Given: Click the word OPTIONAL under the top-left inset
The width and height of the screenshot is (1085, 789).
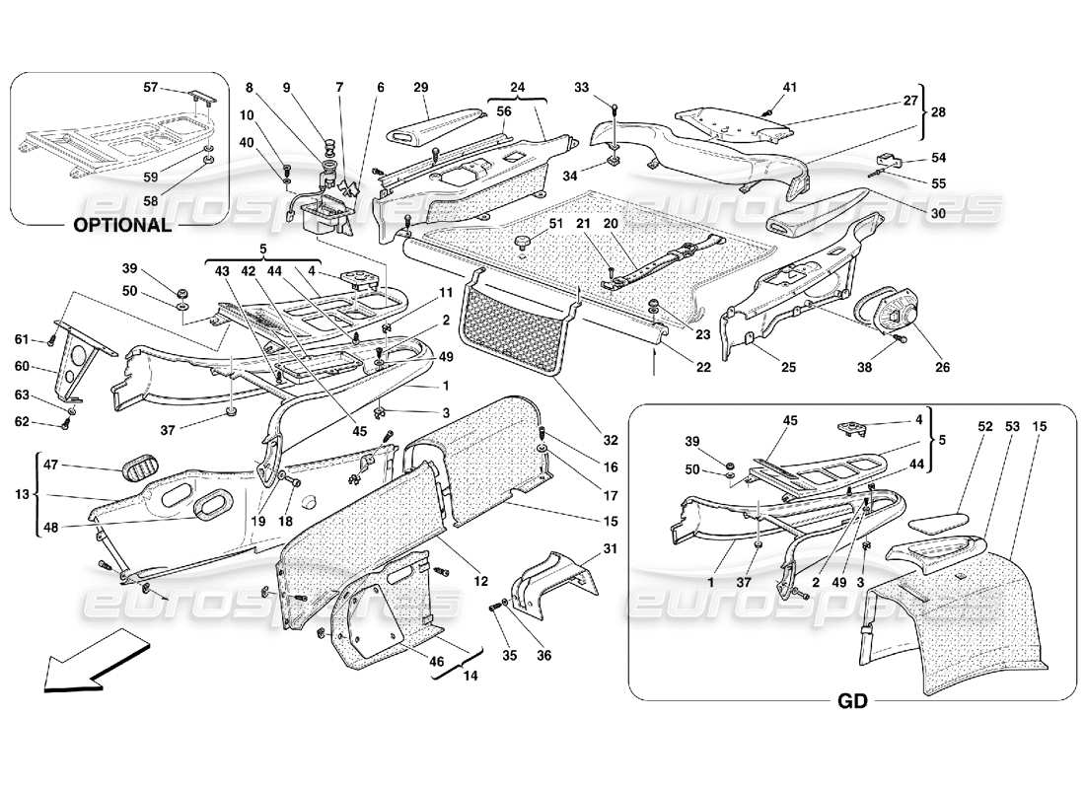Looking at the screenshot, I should [122, 224].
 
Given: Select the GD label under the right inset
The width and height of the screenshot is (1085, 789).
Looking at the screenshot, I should [853, 702].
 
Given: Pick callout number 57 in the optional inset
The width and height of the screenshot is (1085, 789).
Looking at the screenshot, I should [149, 88].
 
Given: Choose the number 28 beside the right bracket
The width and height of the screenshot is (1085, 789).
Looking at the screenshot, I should [937, 112].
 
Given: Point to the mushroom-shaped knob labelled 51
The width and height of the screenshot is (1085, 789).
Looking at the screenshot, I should [521, 242].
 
